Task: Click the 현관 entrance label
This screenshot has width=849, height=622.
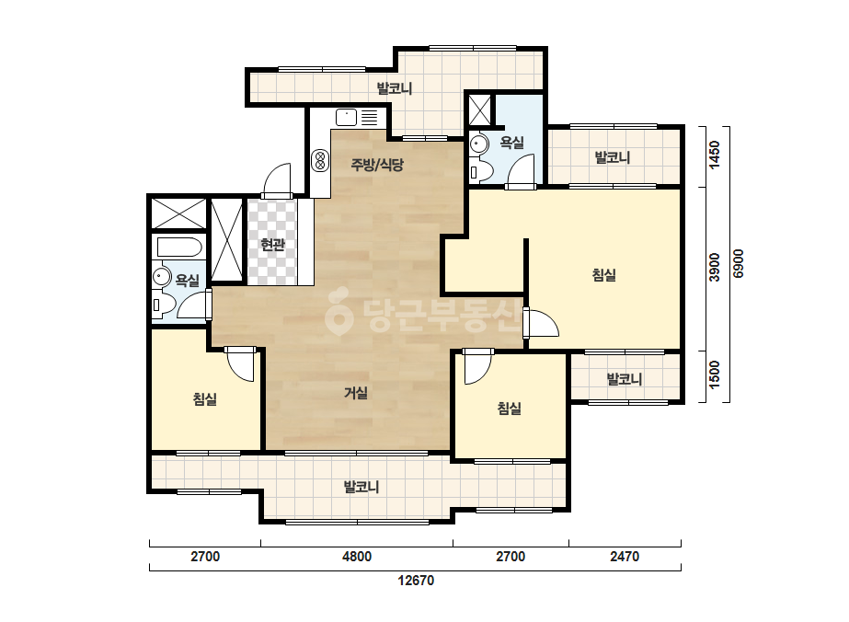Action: point(272,245)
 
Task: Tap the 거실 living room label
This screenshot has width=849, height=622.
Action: point(356,393)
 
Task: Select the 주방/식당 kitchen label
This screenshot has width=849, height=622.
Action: point(377,164)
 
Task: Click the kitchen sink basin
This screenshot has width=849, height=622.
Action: point(347,117)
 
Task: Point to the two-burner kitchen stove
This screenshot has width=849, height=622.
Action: point(320,160)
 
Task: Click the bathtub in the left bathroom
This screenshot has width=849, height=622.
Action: point(179,248)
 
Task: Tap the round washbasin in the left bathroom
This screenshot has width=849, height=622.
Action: point(160,276)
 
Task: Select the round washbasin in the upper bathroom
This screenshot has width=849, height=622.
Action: point(478,144)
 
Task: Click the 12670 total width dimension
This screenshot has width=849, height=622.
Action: point(416,581)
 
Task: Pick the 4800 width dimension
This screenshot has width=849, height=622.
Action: point(357,557)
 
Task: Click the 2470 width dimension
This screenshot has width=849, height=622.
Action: point(625,557)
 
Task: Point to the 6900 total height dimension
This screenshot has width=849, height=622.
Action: point(739,264)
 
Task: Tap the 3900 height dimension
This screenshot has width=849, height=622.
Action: point(715,267)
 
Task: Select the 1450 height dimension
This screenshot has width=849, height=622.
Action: point(715,155)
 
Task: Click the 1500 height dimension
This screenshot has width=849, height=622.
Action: point(715,374)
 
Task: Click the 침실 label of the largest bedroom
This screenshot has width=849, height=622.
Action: point(604,275)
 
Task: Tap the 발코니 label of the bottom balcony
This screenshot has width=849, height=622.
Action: point(361,487)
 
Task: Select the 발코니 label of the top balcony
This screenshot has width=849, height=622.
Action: point(395,87)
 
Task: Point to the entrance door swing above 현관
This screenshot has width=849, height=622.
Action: point(277,178)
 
